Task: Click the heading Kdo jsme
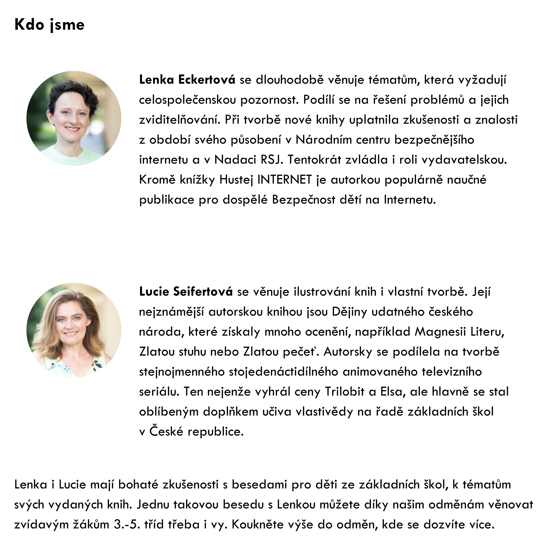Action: (x=49, y=25)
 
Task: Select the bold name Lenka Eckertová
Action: (x=187, y=80)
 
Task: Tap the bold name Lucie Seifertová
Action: (x=186, y=292)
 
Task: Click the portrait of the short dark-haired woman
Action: (x=74, y=118)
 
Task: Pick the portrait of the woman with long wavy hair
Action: (x=74, y=330)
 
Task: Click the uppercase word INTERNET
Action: (x=285, y=180)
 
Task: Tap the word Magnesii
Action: (x=440, y=332)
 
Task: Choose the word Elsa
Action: (x=393, y=392)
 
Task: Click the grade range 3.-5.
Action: (x=127, y=525)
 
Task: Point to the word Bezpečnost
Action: (x=304, y=200)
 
